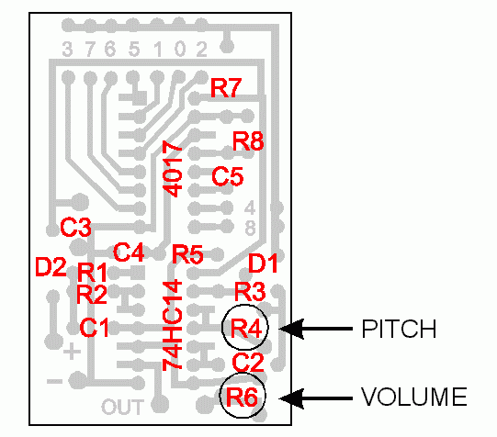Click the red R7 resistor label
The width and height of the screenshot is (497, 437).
click(x=226, y=88)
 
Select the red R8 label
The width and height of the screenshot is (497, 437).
click(x=248, y=140)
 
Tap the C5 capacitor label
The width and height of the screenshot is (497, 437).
click(x=228, y=176)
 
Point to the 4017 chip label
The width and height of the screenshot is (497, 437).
click(x=173, y=169)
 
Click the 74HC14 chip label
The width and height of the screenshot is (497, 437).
click(x=173, y=325)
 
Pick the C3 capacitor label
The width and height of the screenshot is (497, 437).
click(x=75, y=227)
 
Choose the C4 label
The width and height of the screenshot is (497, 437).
click(x=129, y=252)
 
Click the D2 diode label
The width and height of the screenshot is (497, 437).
click(x=51, y=267)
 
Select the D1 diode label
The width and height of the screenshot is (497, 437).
click(x=263, y=263)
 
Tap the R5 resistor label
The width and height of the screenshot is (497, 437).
click(x=187, y=254)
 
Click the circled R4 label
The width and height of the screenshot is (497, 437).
click(x=246, y=328)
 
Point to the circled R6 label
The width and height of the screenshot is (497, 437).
click(x=242, y=397)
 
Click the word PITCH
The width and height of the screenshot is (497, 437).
click(x=399, y=329)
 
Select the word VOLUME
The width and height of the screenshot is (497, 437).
click(x=414, y=397)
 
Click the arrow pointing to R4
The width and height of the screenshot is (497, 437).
click(x=316, y=329)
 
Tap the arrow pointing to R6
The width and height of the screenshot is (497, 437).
click(x=316, y=398)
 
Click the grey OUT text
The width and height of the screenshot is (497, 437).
click(x=123, y=407)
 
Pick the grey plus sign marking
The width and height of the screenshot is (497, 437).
click(x=72, y=351)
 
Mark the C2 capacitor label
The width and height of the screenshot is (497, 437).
click(x=248, y=363)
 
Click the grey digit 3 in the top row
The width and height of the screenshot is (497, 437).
click(x=67, y=49)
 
